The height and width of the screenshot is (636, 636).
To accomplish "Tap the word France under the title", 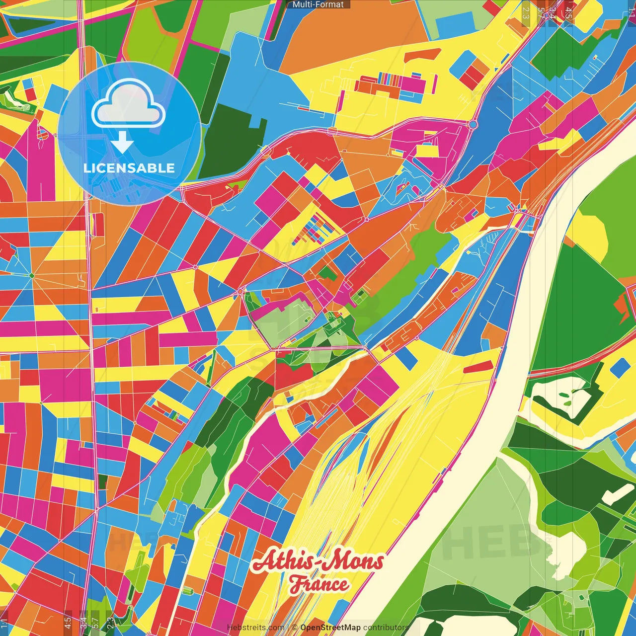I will tap(319, 584).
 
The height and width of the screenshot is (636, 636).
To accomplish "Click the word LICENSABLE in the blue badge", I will tap(129, 168).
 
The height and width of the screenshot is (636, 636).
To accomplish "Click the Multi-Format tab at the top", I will tap(318, 4).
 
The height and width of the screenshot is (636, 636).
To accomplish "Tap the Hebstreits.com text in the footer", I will tap(255, 628).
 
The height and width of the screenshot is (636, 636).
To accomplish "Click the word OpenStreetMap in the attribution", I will tap(330, 628).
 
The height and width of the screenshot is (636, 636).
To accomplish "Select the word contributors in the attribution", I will tap(386, 628).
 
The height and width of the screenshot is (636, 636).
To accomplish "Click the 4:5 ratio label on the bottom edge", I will tap(68, 622).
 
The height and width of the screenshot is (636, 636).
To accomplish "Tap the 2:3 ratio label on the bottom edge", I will tap(110, 622).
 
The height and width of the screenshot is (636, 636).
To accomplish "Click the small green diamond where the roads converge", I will tap(31, 275).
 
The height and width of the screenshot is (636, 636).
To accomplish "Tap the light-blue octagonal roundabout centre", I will tap(473, 124).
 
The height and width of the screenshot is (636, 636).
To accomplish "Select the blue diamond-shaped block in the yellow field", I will tap(620, 368).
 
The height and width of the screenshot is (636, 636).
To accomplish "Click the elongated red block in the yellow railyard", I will tap(477, 367).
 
